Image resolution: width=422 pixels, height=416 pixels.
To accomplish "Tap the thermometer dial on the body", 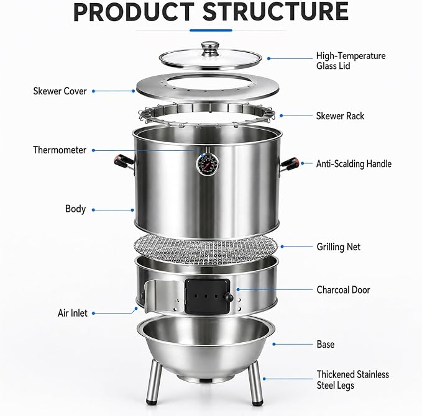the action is point(207,164).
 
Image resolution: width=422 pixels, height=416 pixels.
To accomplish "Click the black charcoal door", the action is point(207,296).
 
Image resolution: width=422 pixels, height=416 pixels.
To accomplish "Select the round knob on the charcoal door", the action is point(229,297).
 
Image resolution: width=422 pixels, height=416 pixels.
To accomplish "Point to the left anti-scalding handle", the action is point(124,162).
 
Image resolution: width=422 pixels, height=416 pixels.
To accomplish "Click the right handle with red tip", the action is point(290,164).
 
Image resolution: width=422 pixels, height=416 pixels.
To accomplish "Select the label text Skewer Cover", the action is point(60,91).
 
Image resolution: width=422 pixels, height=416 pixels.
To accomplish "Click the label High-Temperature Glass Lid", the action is point(351,61).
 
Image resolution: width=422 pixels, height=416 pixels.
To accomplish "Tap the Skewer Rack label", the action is point(340,116).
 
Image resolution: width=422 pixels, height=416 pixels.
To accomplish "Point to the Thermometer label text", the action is point(60,150).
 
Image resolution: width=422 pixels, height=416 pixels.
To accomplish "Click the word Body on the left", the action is point(75,209).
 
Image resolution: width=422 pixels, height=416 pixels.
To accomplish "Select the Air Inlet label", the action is point(72,313).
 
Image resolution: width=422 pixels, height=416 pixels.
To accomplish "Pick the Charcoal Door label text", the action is point(343,290).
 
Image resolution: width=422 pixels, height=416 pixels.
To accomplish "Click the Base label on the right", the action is point(326,344).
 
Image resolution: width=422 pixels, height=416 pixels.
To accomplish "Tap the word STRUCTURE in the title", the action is point(275,12).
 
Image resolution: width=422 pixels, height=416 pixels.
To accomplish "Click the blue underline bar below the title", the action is point(211,30).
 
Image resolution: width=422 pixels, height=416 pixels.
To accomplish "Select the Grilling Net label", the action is point(338,247).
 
